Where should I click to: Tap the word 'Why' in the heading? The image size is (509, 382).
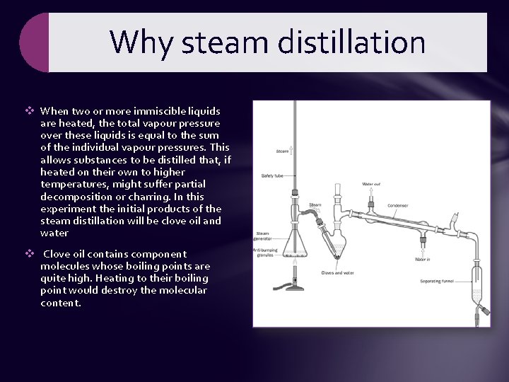pyautogui.click(x=140, y=42)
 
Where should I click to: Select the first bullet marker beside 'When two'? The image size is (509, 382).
pyautogui.click(x=30, y=111)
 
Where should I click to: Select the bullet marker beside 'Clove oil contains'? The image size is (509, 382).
pyautogui.click(x=30, y=254)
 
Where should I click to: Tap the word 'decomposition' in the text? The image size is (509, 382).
pyautogui.click(x=74, y=196)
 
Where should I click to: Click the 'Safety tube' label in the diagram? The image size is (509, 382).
pyautogui.click(x=273, y=175)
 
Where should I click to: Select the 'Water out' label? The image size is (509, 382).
pyautogui.click(x=371, y=184)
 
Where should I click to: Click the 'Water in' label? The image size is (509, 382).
pyautogui.click(x=423, y=259)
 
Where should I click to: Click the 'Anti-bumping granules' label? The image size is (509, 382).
pyautogui.click(x=262, y=253)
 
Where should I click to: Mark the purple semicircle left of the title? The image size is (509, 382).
pyautogui.click(x=34, y=42)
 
